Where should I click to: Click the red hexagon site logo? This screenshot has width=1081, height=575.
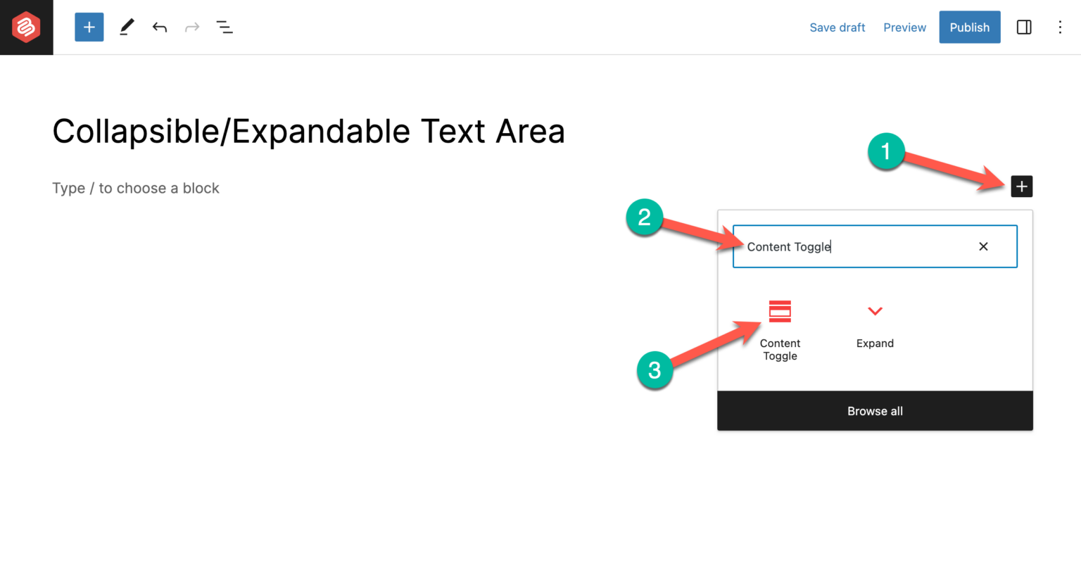tap(26, 27)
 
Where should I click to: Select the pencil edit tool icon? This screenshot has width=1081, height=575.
tap(127, 27)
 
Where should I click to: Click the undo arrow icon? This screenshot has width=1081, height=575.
tap(160, 27)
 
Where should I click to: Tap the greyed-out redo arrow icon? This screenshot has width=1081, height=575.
tap(192, 27)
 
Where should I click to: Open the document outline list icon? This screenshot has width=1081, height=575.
tap(225, 27)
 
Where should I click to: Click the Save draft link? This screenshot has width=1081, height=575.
tap(837, 27)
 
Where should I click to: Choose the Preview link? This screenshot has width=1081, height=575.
tap(904, 27)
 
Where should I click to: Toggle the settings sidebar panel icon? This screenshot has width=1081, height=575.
tap(1024, 27)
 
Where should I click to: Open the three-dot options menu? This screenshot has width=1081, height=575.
tap(1060, 27)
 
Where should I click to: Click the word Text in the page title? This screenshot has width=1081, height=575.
tap(453, 132)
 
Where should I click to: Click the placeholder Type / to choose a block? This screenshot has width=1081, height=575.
tap(136, 188)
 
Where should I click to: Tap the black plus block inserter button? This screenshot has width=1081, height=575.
tap(1021, 187)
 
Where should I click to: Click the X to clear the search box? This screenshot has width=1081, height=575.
tap(983, 246)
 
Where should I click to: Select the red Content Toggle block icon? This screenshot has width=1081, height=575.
tap(780, 311)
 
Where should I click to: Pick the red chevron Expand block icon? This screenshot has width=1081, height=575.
tap(875, 311)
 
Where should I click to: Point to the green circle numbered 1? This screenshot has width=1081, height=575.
tap(885, 151)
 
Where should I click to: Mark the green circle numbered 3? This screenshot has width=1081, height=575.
tap(655, 370)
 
